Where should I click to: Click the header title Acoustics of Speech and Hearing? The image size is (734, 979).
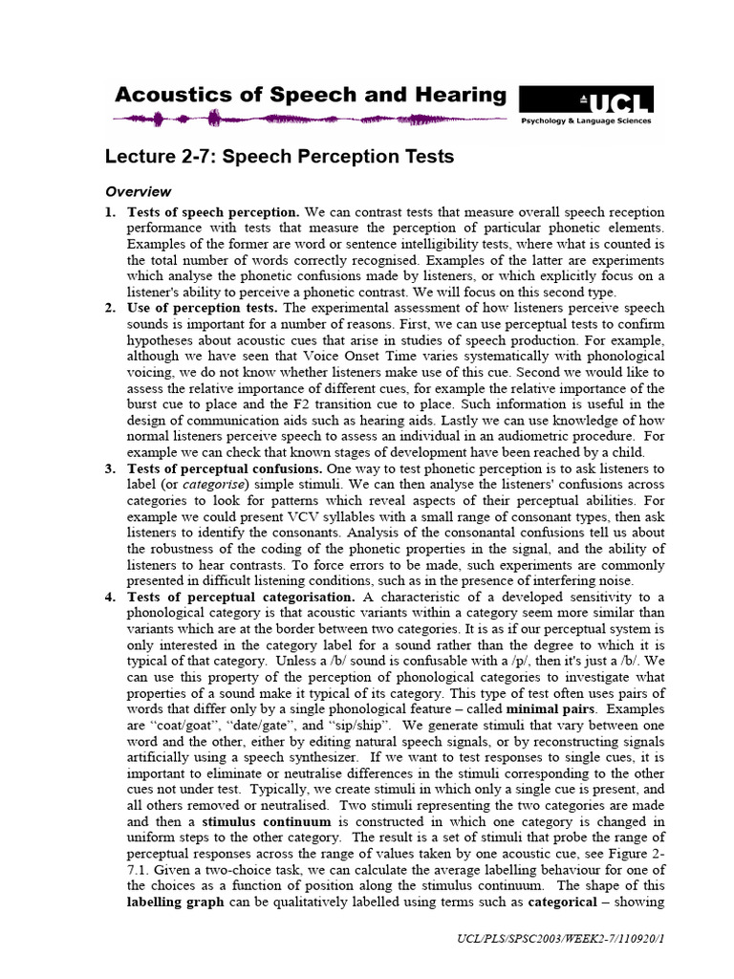tap(311, 95)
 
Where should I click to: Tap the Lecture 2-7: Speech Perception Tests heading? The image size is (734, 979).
tap(279, 156)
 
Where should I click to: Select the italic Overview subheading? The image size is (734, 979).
tap(138, 191)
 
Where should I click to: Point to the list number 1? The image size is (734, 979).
tap(110, 211)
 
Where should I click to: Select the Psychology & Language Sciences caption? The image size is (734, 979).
tap(586, 121)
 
